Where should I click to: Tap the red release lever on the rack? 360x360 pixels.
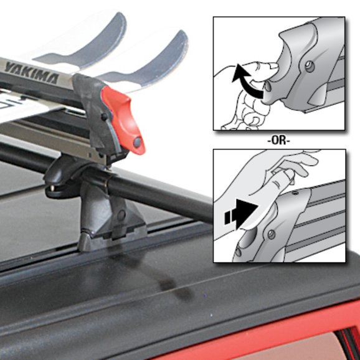pyautogui.click(x=124, y=120)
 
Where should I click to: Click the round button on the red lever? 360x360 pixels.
pyautogui.click(x=137, y=143)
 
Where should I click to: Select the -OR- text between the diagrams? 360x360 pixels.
pyautogui.click(x=279, y=141)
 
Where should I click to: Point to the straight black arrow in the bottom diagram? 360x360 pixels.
pyautogui.click(x=241, y=214)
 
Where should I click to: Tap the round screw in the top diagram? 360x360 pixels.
pyautogui.click(x=310, y=67)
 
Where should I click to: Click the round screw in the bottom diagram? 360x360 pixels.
pyautogui.click(x=272, y=234)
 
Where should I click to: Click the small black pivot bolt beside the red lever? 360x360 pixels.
pyautogui.click(x=105, y=117)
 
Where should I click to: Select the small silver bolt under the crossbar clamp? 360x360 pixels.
pyautogui.click(x=52, y=188)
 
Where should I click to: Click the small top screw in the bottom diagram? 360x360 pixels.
pyautogui.click(x=295, y=194)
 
